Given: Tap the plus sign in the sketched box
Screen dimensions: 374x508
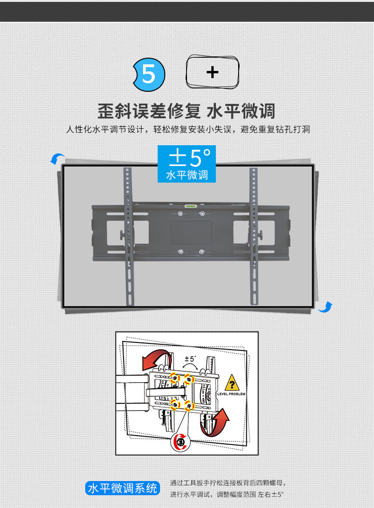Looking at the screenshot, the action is [x=213, y=72].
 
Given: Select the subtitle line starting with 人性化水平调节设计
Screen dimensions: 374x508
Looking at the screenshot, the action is [x=187, y=129].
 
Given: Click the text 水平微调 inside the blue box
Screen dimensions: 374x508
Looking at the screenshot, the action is [x=187, y=175].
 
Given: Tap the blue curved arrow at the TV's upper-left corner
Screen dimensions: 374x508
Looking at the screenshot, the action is [x=57, y=159].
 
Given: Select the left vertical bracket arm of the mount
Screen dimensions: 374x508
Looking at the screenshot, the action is [x=127, y=236].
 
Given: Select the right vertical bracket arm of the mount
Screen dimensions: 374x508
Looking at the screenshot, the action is [x=253, y=236].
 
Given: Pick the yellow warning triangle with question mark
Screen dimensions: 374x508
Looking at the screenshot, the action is [x=232, y=382].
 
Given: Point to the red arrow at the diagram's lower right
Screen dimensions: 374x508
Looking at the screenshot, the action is [x=215, y=422].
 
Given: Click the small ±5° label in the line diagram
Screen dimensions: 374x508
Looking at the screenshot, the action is [x=190, y=359].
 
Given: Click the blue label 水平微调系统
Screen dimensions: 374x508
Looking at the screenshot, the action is [x=122, y=488].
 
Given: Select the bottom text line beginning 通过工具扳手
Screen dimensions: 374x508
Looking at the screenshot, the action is [x=228, y=483].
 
